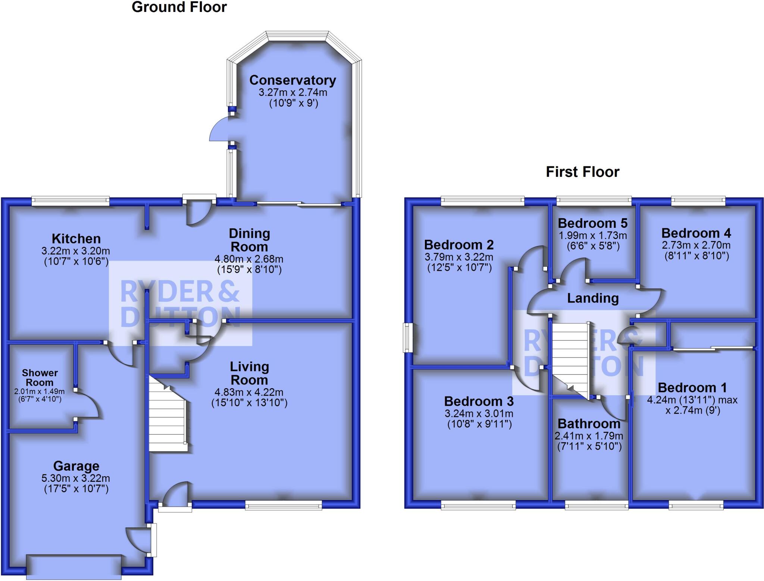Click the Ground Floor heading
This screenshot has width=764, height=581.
click(x=179, y=7)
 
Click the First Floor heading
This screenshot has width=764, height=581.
click(x=582, y=172)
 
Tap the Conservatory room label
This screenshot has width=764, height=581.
click(x=292, y=80)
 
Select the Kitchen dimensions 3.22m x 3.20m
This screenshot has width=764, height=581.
click(x=76, y=251)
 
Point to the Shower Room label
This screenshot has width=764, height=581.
click(x=40, y=377)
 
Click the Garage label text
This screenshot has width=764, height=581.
click(x=76, y=466)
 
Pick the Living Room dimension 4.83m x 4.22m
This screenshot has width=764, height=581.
click(x=249, y=392)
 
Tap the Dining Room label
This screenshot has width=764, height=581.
click(x=249, y=240)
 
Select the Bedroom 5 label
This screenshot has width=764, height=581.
click(x=592, y=223)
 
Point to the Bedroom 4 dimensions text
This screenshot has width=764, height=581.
click(x=696, y=245)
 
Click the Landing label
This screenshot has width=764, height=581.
click(x=593, y=298)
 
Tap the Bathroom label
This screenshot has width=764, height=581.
click(x=589, y=424)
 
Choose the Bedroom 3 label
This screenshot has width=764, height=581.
click(x=479, y=401)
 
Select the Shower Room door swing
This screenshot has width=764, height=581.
click(x=88, y=405)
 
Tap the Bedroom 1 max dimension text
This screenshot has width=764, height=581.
click(x=692, y=400)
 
